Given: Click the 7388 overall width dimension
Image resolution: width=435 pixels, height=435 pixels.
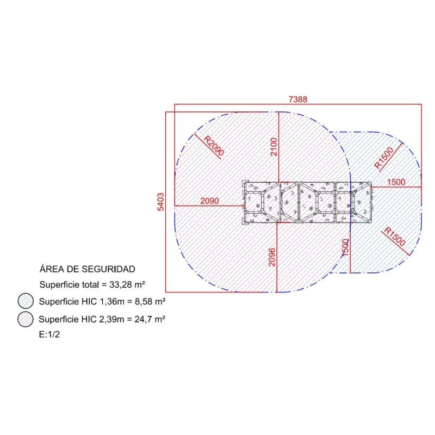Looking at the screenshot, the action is pyautogui.click(x=298, y=99).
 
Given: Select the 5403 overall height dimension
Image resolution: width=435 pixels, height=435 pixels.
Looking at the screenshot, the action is pyautogui.click(x=160, y=202).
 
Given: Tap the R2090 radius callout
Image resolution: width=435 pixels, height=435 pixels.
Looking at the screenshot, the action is pyautogui.click(x=214, y=146).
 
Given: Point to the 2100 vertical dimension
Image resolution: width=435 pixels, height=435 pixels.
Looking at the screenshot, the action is pyautogui.click(x=274, y=147).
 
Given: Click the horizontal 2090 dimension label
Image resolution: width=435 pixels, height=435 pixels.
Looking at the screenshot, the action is pyautogui.click(x=209, y=201).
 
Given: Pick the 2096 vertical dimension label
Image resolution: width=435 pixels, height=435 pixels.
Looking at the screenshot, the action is pyautogui.click(x=272, y=257).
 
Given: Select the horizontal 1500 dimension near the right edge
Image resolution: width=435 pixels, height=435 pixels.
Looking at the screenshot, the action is pyautogui.click(x=396, y=182).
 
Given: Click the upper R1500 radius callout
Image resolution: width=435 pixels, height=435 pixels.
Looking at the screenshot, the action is pyautogui.click(x=384, y=158).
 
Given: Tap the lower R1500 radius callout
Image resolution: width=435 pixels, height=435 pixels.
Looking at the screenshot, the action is pyautogui.click(x=395, y=237).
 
